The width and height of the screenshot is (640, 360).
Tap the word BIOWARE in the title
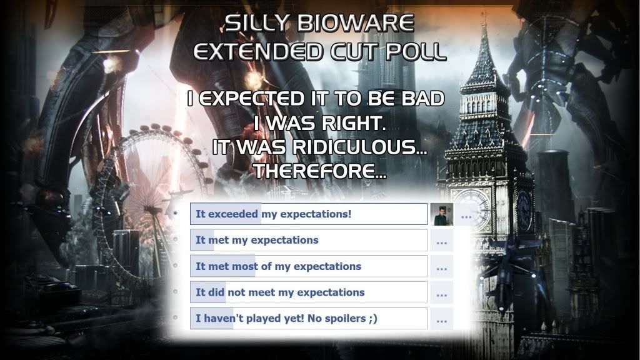[356, 23]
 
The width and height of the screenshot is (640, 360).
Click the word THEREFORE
[319, 171]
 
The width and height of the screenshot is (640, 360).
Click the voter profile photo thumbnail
[442, 214]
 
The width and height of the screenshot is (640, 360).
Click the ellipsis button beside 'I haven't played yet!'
[442, 319]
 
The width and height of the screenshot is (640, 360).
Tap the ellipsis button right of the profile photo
[466, 215]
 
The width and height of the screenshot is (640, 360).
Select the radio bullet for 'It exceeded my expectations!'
[176, 213]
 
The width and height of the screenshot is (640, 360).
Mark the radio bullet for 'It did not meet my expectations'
[176, 291]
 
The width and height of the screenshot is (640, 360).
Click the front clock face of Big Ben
[475, 209]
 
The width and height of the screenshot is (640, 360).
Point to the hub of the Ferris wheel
[152, 209]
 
